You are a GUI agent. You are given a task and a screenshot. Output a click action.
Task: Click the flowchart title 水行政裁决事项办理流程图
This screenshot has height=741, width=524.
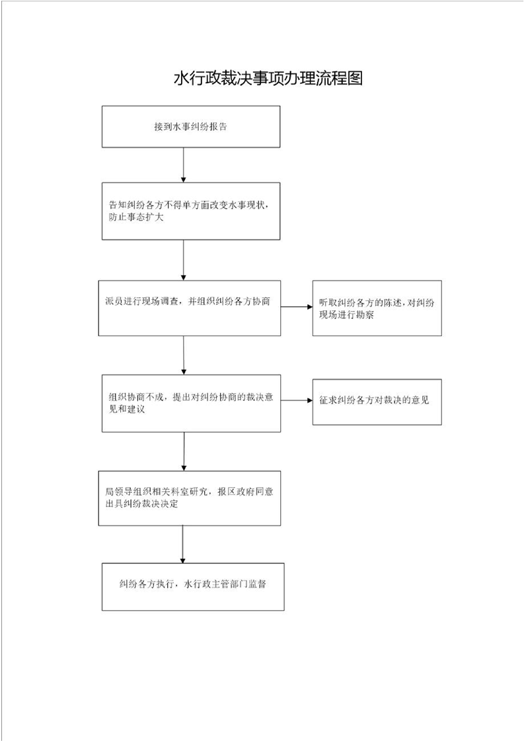pyautogui.click(x=268, y=79)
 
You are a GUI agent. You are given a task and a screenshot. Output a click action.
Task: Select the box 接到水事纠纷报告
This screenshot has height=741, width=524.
pyautogui.click(x=191, y=127)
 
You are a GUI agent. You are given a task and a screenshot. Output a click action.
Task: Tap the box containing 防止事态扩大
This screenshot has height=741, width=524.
pyautogui.click(x=191, y=211)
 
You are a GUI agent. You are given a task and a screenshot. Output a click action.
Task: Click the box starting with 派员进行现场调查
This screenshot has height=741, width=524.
pyautogui.click(x=189, y=308)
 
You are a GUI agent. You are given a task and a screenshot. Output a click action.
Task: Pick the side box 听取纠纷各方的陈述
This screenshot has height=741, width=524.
pyautogui.click(x=377, y=308)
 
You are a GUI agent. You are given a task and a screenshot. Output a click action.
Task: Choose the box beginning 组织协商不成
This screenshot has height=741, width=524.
pyautogui.click(x=191, y=403)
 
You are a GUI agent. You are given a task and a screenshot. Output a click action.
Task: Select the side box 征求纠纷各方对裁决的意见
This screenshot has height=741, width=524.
pyautogui.click(x=377, y=402)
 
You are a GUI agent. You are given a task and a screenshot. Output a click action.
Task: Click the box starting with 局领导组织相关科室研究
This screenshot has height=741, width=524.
pyautogui.click(x=189, y=498)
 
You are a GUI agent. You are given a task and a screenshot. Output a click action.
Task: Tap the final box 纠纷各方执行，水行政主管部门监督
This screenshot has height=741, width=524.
pyautogui.click(x=193, y=586)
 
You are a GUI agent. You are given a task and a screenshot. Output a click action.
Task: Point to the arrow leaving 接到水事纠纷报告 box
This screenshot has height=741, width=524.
pyautogui.click(x=184, y=165)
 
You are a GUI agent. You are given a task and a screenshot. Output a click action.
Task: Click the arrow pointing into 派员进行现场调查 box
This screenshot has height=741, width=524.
pyautogui.click(x=184, y=260)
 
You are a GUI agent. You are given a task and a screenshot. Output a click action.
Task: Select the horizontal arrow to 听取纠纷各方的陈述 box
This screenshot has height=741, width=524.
pyautogui.click(x=297, y=306)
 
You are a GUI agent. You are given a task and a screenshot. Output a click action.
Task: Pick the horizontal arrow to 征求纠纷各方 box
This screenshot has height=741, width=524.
pyautogui.click(x=297, y=400)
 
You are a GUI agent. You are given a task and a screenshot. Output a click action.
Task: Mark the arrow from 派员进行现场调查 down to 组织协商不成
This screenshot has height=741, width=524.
pyautogui.click(x=184, y=355)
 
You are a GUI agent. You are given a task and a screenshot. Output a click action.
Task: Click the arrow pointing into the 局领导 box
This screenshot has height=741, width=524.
pyautogui.click(x=184, y=451)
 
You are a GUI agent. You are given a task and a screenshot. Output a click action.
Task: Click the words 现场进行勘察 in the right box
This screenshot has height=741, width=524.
pyautogui.click(x=346, y=315)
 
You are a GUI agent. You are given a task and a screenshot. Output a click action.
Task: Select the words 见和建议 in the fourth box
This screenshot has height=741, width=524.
pyautogui.click(x=127, y=409)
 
